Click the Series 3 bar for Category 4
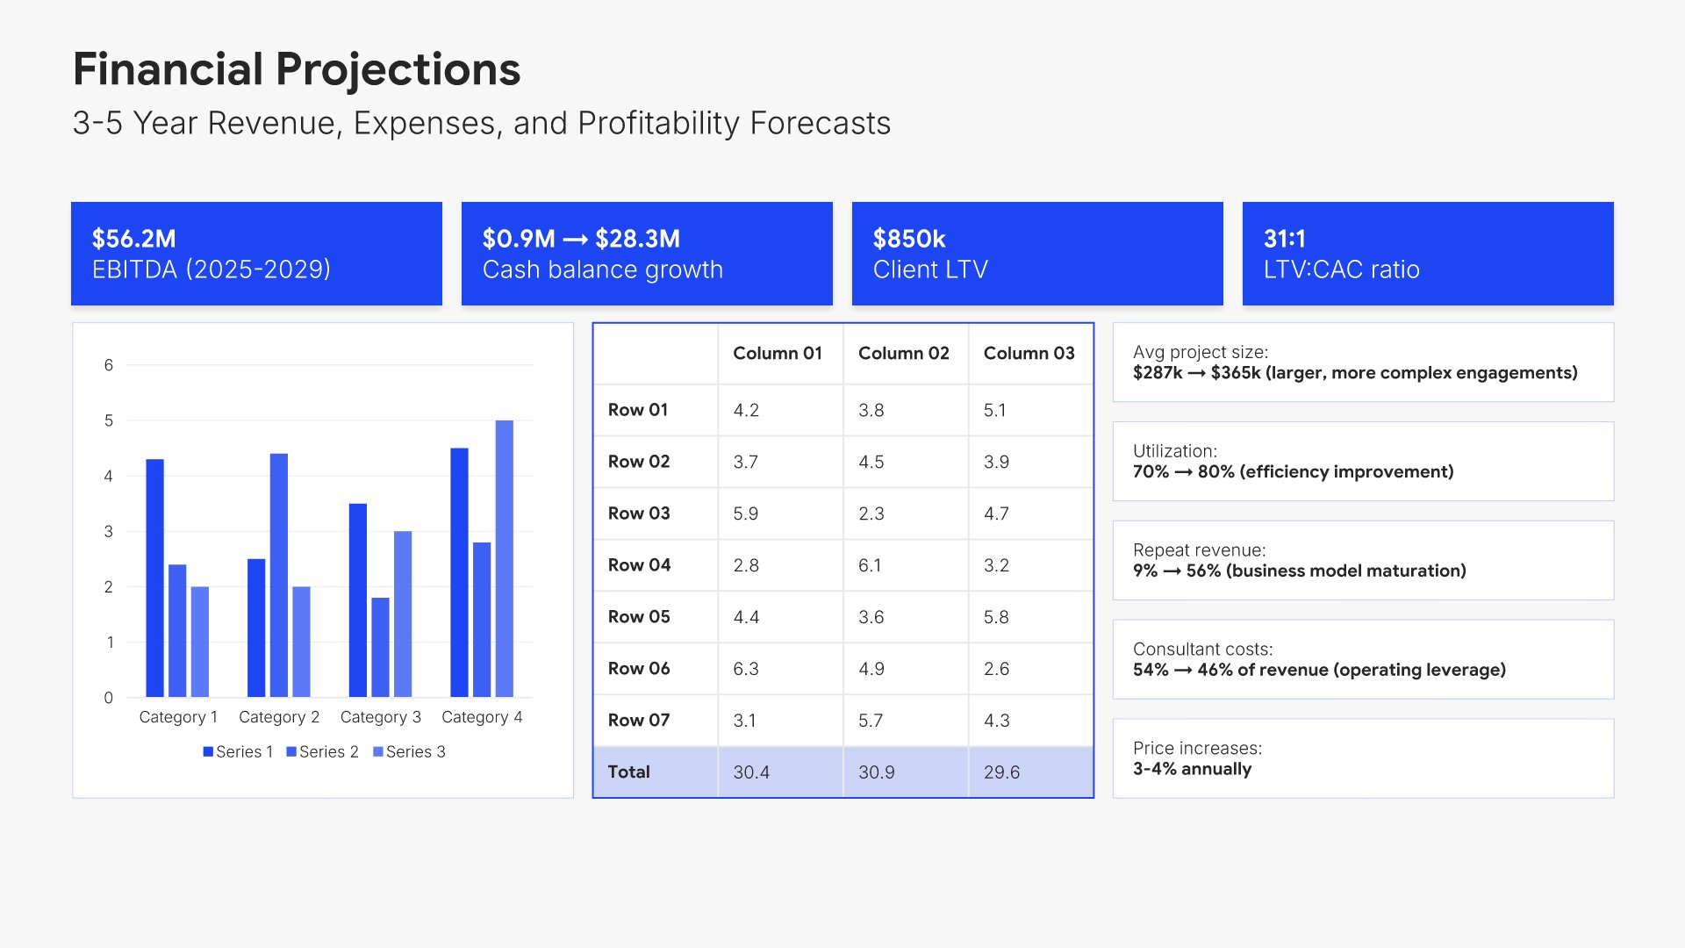click(x=504, y=558)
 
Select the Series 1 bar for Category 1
click(x=154, y=578)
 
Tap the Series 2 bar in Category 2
click(x=279, y=575)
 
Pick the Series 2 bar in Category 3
click(x=380, y=647)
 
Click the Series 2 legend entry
click(x=322, y=752)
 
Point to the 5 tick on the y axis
click(x=109, y=420)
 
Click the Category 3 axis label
click(x=380, y=717)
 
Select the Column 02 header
click(x=903, y=354)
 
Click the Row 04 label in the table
click(x=639, y=565)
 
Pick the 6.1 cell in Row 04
click(x=870, y=565)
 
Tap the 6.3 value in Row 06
click(x=745, y=669)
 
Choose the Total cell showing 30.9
click(x=876, y=772)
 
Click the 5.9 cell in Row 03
click(x=745, y=513)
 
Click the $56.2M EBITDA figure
click(x=134, y=239)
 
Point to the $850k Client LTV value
click(x=909, y=239)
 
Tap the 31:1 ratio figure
click(x=1284, y=239)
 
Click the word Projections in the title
click(x=398, y=69)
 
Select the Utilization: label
click(x=1174, y=451)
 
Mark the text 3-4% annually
click(x=1192, y=769)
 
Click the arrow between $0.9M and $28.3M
click(x=575, y=240)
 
